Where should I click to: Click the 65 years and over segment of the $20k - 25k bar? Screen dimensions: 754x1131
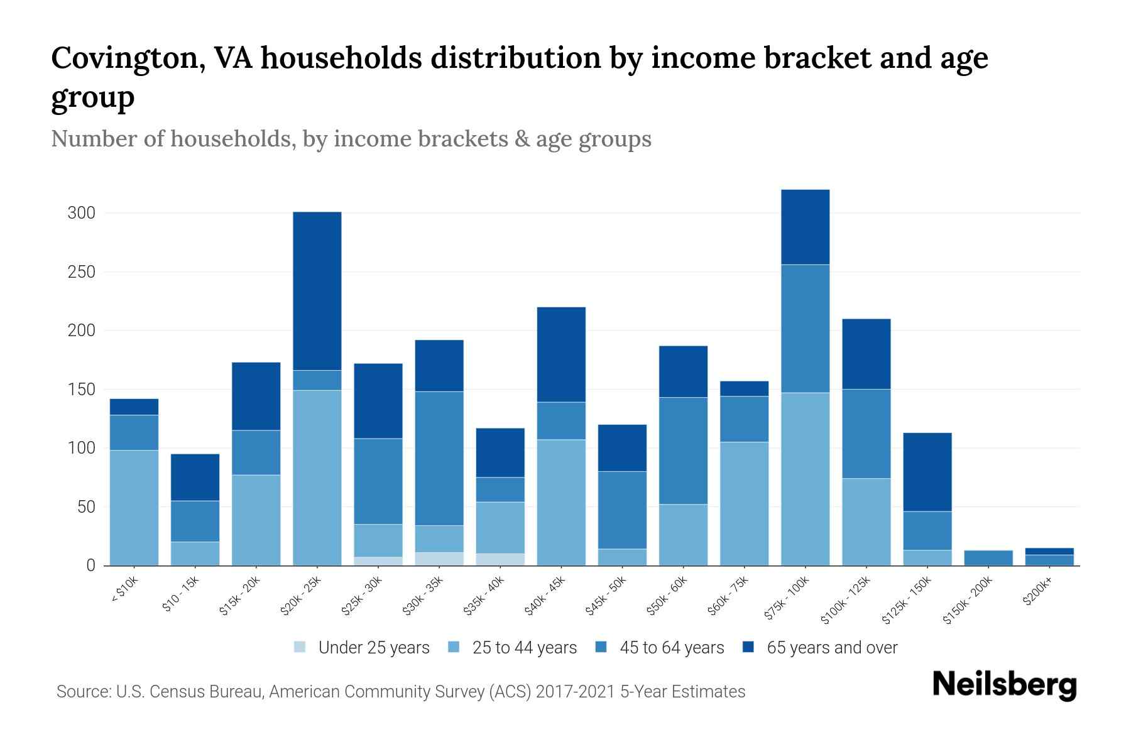click(x=317, y=290)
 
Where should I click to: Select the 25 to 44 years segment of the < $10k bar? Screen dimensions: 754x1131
click(x=134, y=508)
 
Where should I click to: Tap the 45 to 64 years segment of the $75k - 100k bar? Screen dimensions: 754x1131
click(x=805, y=329)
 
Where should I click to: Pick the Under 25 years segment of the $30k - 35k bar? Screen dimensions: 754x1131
click(x=439, y=559)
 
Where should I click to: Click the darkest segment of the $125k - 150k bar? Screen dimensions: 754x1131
click(x=927, y=472)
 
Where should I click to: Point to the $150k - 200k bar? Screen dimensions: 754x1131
click(x=988, y=558)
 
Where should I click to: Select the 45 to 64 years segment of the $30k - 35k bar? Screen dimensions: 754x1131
click(x=439, y=458)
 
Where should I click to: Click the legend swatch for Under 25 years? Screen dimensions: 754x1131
click(x=300, y=647)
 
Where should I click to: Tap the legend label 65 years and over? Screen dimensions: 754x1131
click(x=832, y=648)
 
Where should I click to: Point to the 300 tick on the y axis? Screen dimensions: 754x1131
click(x=82, y=213)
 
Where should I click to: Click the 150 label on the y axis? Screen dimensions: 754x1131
click(x=82, y=390)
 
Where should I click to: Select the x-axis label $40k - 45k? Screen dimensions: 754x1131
click(x=546, y=596)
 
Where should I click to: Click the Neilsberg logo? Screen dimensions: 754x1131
click(x=1004, y=685)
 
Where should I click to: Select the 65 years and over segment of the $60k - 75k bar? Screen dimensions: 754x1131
click(x=744, y=388)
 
